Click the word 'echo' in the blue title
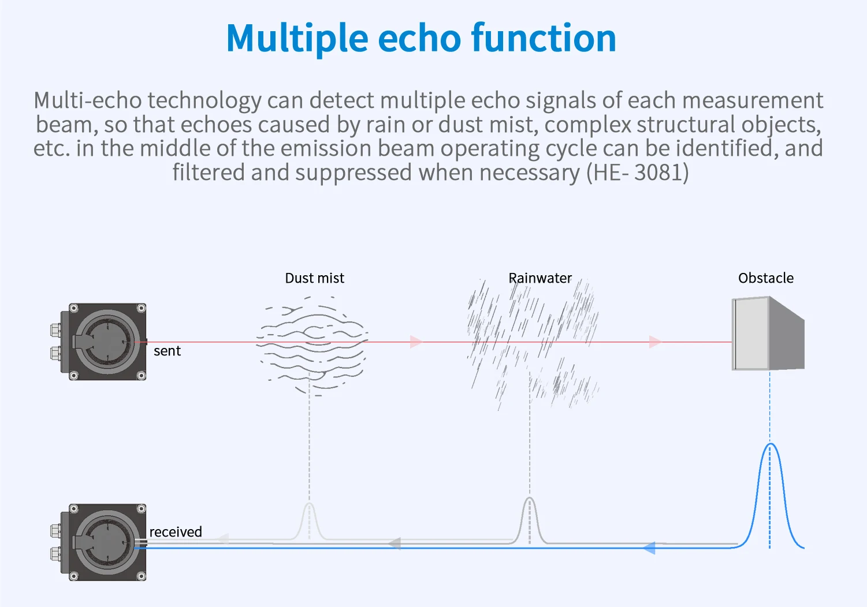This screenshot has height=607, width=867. pyautogui.click(x=419, y=38)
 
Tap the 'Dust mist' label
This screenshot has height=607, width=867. pyautogui.click(x=314, y=278)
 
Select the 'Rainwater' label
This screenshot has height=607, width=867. pyautogui.click(x=540, y=278)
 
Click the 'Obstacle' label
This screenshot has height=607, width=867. pyautogui.click(x=765, y=278)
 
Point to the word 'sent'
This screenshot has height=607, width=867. pyautogui.click(x=167, y=351)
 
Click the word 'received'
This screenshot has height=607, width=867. pyautogui.click(x=176, y=531)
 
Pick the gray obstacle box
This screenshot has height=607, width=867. pyautogui.click(x=768, y=334)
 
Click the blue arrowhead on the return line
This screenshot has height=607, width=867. pyautogui.click(x=649, y=548)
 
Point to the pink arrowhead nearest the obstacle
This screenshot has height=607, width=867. pyautogui.click(x=655, y=342)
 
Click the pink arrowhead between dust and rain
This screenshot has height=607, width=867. pyautogui.click(x=416, y=342)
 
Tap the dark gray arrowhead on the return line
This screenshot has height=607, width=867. pyautogui.click(x=395, y=543)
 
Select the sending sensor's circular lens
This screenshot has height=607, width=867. pyautogui.click(x=107, y=341)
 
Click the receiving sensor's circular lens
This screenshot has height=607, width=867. pyautogui.click(x=107, y=542)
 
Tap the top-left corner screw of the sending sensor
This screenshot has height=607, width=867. pyautogui.click(x=73, y=308)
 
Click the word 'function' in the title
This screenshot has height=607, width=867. pyautogui.click(x=544, y=38)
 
